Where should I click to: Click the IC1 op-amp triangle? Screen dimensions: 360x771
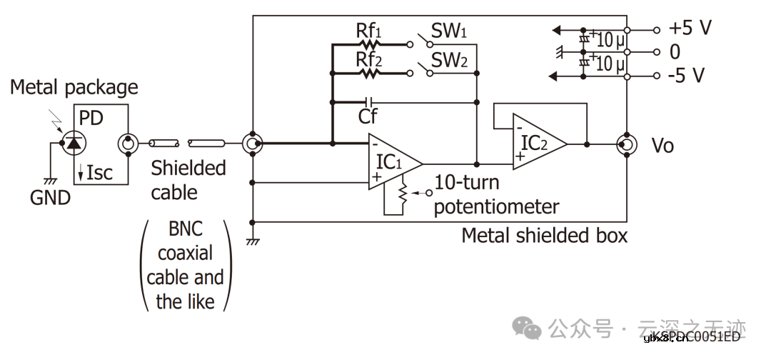point(393,162)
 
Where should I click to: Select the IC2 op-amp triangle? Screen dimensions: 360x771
point(537,144)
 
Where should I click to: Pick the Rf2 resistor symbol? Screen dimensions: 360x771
point(370,72)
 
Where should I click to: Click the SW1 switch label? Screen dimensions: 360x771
point(448,31)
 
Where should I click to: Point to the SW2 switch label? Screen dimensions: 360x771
point(449,60)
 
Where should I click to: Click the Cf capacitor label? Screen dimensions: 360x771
point(368,115)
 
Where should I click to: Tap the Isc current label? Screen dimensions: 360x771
point(95,172)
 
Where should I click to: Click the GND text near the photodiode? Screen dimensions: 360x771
point(51,197)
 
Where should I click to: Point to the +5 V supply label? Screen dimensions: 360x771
point(690,29)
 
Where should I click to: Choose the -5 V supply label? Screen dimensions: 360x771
point(687,75)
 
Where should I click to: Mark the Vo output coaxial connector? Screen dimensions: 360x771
point(626,144)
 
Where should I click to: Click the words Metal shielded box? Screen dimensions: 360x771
point(545,235)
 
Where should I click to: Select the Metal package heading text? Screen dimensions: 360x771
point(74,88)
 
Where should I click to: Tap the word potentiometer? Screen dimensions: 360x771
point(496,206)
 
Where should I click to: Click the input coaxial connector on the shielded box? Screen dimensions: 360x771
point(252,144)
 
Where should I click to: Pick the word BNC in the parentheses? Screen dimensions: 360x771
point(186,229)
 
